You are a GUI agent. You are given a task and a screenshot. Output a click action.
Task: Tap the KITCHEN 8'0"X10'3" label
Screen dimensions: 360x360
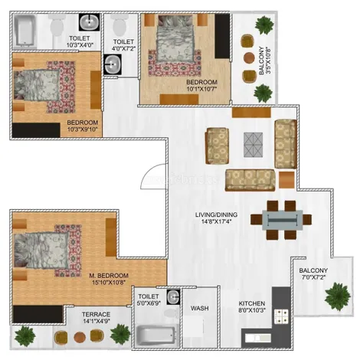(253, 306)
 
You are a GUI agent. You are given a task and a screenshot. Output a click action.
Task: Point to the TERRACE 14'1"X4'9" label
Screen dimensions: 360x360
(97, 318)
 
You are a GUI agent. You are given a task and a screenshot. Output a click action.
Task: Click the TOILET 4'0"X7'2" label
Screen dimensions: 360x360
(123, 46)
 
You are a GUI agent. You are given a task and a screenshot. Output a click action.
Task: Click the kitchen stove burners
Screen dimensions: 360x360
(282, 315)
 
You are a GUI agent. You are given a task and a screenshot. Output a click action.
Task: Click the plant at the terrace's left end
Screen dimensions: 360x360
(25, 335)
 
